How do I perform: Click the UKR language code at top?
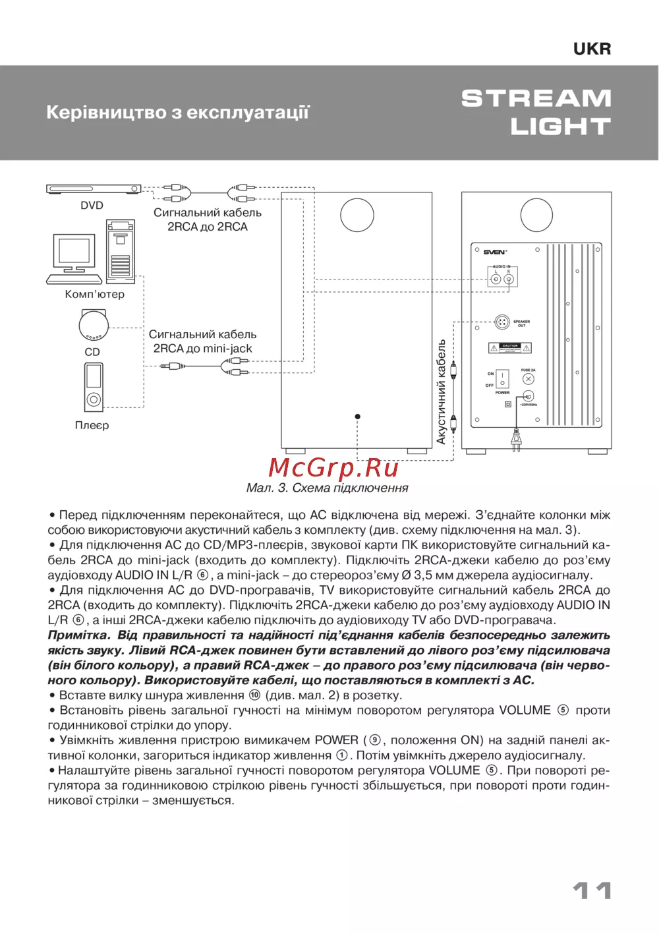pos(592,49)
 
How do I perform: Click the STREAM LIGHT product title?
pos(536,112)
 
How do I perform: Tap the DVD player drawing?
pos(94,189)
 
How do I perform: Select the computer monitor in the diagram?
pos(74,252)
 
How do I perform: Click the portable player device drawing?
pos(94,386)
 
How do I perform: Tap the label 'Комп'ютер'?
pos(94,294)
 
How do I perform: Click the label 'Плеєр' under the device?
pos(92,425)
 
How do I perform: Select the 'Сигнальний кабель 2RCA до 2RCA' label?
pos(208,219)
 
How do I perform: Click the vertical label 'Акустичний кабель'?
pos(441,392)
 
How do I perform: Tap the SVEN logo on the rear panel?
pos(495,252)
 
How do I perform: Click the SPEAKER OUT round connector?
pos(501,322)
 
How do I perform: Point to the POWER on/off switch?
pos(502,378)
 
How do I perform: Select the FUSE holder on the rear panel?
pos(528,379)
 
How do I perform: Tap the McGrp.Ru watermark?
pos(333,467)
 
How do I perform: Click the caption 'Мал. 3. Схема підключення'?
pos(327,488)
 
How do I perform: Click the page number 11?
pos(592,890)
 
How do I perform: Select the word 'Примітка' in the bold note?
pos(78,635)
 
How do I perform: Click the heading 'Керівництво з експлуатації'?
pos(178,112)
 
